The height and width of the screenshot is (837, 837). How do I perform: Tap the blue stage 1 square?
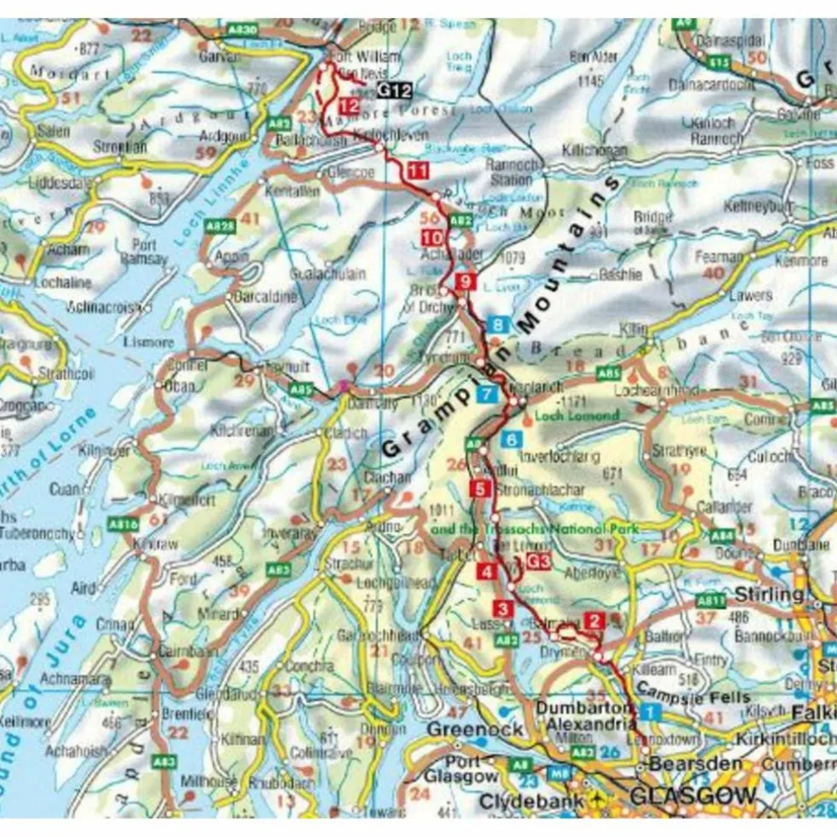point(650,710)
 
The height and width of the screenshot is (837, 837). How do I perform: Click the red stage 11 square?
point(417,170)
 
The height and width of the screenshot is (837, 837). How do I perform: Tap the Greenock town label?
point(463,729)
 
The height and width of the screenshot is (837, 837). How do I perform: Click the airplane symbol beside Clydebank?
point(602,800)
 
